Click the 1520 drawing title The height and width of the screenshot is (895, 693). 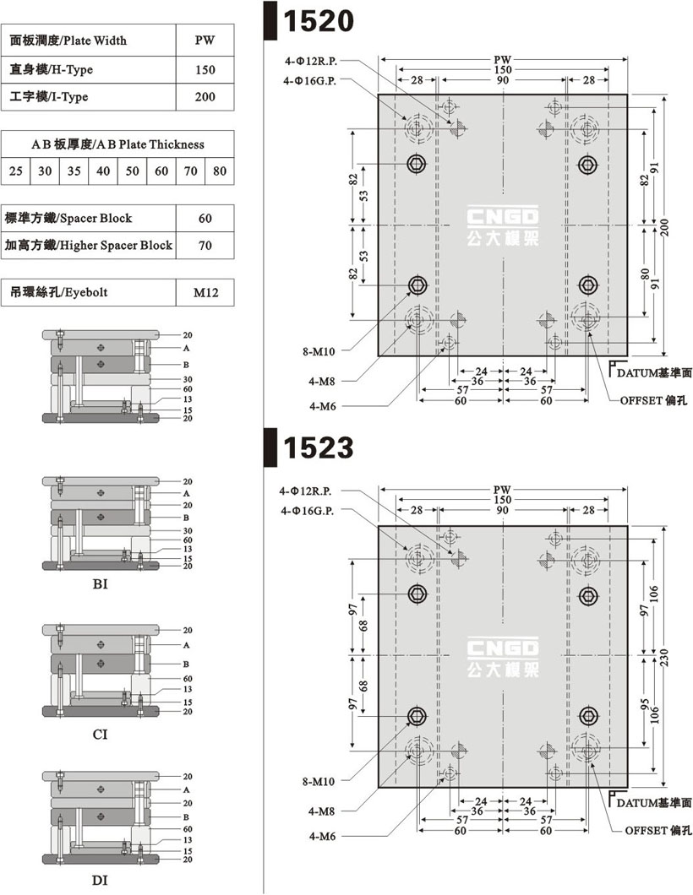pos(319,21)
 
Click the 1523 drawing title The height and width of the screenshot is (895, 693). pos(319,447)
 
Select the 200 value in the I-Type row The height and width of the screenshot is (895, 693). pos(205,97)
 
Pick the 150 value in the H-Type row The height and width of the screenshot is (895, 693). pos(205,69)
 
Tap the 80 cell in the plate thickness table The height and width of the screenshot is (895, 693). pos(220,171)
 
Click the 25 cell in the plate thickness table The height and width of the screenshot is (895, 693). pos(16,171)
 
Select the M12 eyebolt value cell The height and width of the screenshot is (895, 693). pos(205,293)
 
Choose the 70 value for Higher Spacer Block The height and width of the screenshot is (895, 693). pos(205,246)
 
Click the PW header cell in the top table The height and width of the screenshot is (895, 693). pos(205,40)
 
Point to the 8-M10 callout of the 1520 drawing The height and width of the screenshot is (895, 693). pos(319,351)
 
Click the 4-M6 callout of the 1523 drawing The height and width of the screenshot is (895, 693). pos(322,836)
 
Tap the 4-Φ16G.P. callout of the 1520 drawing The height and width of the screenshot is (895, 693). pos(309,81)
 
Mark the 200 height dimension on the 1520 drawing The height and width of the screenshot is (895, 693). pos(664,226)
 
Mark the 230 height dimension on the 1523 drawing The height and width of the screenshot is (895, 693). pos(664,657)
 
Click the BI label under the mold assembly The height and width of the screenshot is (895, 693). pos(100,584)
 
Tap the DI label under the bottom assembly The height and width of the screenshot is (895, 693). pos(100,880)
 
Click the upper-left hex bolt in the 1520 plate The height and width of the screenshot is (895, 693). pos(417,165)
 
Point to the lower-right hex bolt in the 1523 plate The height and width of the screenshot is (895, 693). pos(588,716)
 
